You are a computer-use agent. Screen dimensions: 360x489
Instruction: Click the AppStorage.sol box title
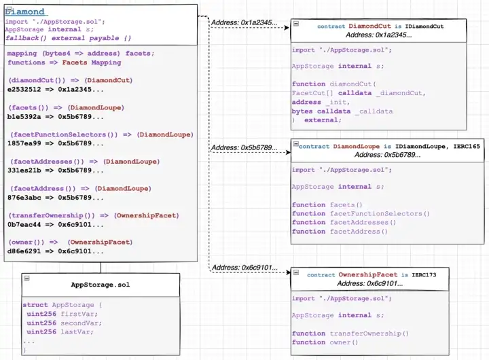pyautogui.click(x=101, y=285)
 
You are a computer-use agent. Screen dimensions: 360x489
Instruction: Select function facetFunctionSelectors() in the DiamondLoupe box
pyautogui.click(x=361, y=213)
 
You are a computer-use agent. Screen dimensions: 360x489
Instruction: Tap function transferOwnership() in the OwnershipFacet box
pyautogui.click(x=350, y=333)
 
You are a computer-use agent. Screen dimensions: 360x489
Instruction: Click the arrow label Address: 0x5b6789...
pyautogui.click(x=244, y=147)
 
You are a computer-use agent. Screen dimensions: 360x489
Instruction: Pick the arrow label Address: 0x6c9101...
pyautogui.click(x=244, y=267)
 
